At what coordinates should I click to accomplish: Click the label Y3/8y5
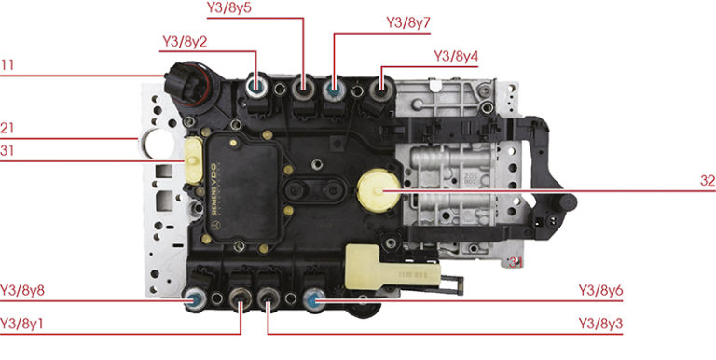tap(229, 8)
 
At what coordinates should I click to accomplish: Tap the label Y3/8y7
tap(408, 22)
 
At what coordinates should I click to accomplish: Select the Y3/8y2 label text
tap(185, 42)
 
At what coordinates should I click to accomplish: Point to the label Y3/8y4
tap(456, 57)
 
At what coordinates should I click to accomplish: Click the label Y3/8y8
tap(22, 291)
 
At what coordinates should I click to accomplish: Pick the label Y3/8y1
tap(22, 324)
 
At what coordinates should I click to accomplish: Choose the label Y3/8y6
tap(601, 291)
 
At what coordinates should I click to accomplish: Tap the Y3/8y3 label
tap(601, 324)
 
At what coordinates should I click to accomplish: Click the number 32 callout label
tap(708, 181)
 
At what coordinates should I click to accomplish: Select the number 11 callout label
tap(7, 65)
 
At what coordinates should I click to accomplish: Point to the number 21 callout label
tap(7, 129)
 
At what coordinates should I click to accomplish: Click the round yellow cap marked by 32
tap(379, 190)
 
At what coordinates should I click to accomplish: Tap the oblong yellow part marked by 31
tap(192, 160)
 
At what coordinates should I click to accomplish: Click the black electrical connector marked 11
tap(189, 86)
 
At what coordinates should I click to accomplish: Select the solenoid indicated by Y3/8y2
tap(256, 86)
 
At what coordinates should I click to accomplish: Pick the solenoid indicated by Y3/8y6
tap(313, 300)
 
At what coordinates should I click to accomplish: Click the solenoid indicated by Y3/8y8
tap(195, 299)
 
